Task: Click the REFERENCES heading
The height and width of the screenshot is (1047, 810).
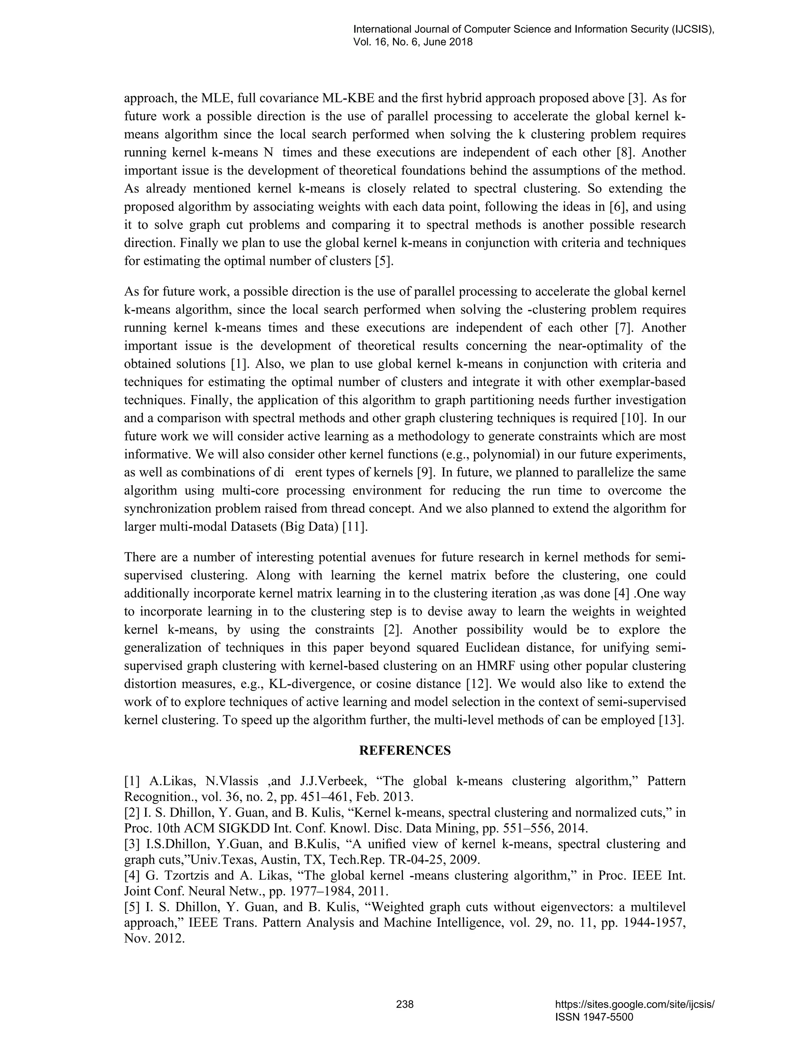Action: (x=405, y=750)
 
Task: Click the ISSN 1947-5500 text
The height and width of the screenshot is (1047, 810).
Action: (x=594, y=1017)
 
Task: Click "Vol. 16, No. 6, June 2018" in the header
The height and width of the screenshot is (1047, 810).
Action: (x=413, y=42)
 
